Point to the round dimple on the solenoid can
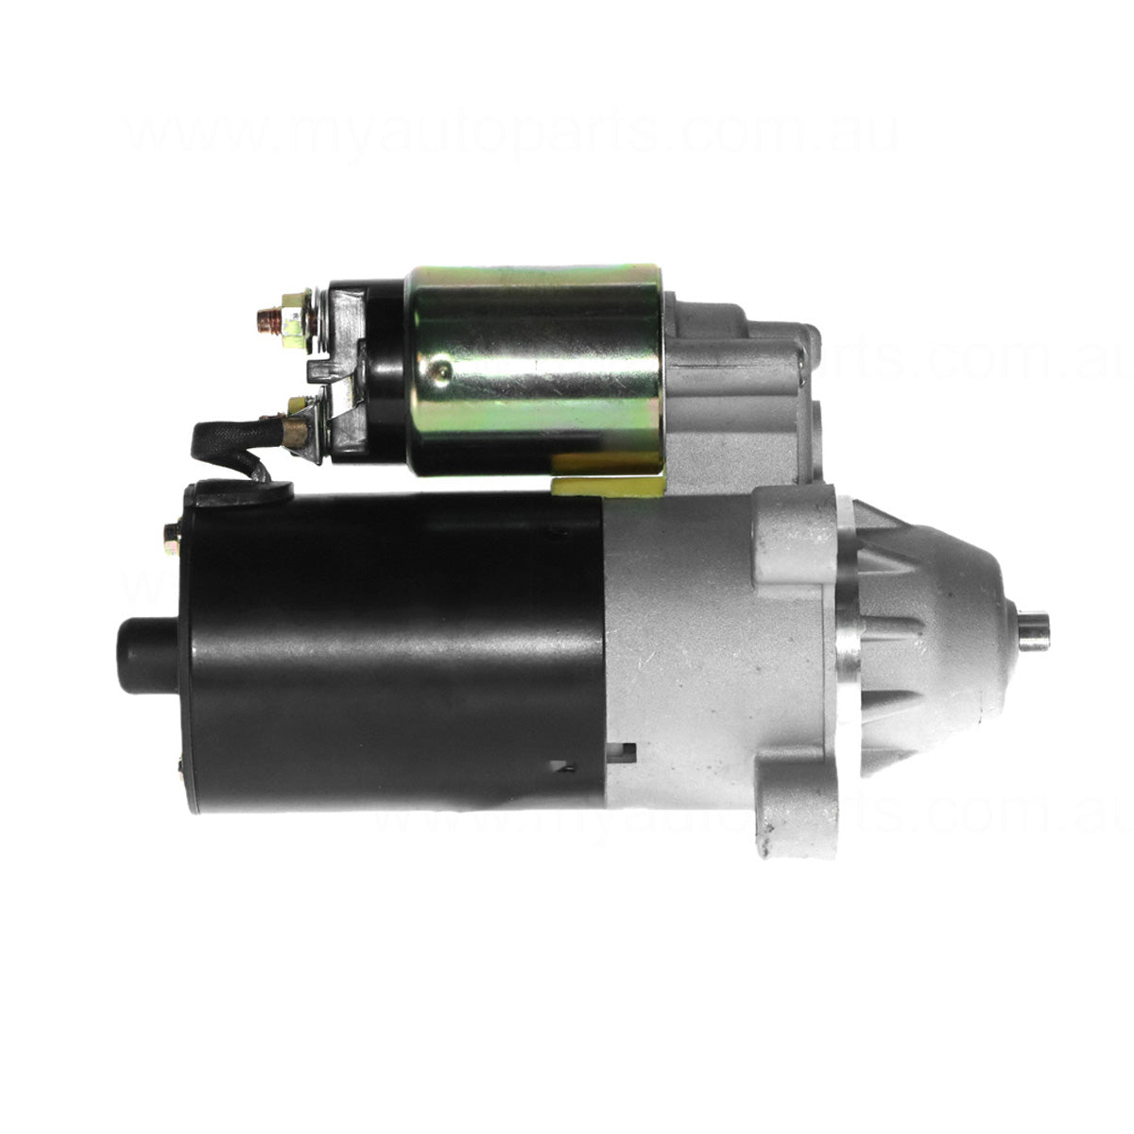tap(437, 370)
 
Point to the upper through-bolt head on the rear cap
tap(173, 538)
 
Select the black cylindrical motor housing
tap(397, 652)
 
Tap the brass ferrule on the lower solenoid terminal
tap(295, 433)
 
